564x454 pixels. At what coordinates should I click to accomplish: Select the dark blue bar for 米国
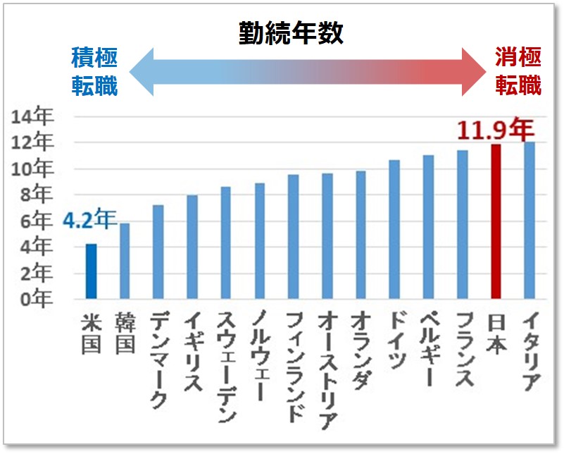tap(92, 271)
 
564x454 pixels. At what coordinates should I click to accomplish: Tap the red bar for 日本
tap(496, 222)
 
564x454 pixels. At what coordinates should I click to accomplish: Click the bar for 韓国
tap(125, 261)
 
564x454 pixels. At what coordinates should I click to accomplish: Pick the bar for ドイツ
tap(395, 230)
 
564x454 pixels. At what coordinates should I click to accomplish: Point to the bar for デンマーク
tap(159, 252)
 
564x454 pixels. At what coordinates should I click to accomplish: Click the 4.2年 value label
tap(88, 221)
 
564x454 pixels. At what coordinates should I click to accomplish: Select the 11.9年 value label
tap(494, 129)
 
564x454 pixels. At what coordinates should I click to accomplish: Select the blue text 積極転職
tap(94, 70)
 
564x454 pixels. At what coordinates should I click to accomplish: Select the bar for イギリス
tap(192, 247)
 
